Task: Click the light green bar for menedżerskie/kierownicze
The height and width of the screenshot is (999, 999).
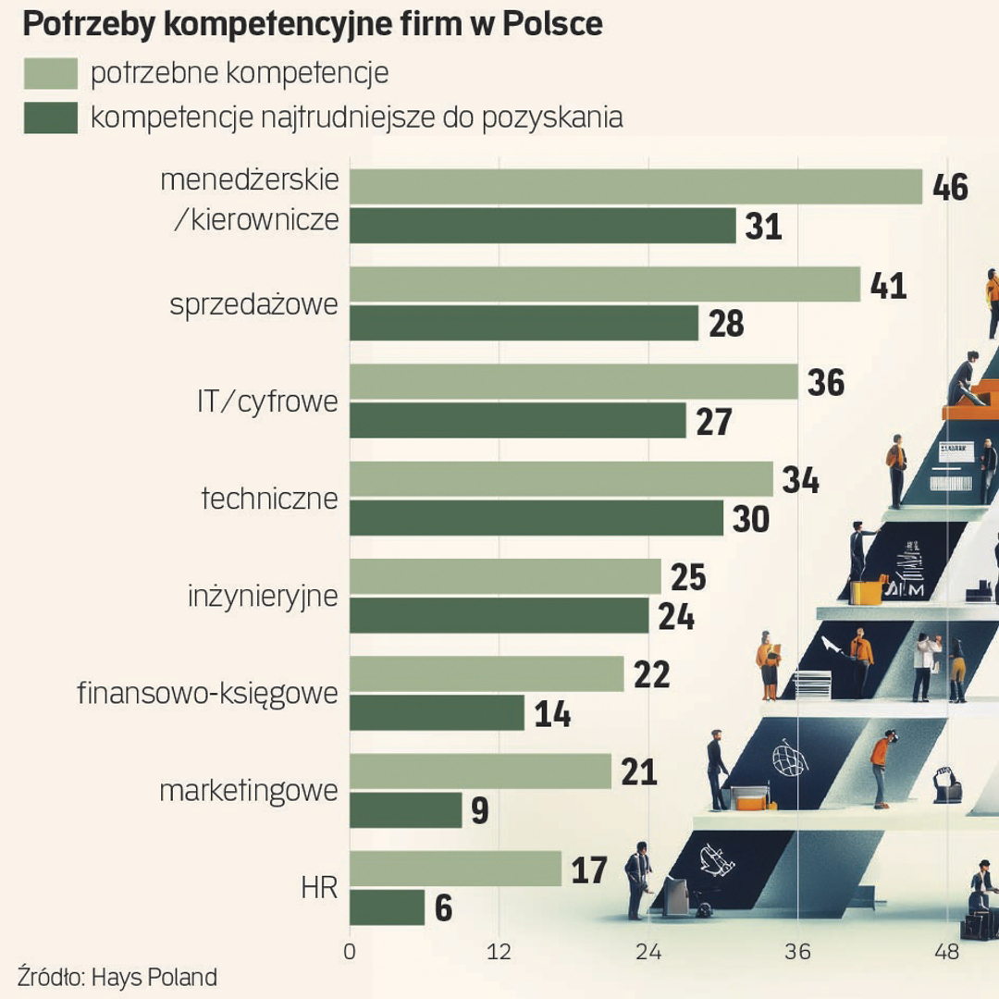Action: pyautogui.click(x=635, y=187)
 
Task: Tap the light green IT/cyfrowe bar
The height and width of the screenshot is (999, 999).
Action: pyautogui.click(x=573, y=382)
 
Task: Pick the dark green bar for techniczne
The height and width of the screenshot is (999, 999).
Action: pyautogui.click(x=536, y=518)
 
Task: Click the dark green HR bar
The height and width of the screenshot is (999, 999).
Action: pyautogui.click(x=387, y=907)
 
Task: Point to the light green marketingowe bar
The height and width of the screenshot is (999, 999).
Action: pyautogui.click(x=480, y=771)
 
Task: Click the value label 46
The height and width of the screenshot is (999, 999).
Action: pyautogui.click(x=950, y=187)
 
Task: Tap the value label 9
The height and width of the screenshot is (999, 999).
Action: pyautogui.click(x=479, y=811)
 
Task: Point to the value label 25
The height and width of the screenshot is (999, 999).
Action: pyautogui.click(x=687, y=577)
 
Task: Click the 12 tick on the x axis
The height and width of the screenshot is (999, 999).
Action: pyautogui.click(x=499, y=952)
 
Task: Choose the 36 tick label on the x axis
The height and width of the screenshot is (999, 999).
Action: pyautogui.click(x=798, y=952)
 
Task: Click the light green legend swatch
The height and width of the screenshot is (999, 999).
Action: pyautogui.click(x=50, y=73)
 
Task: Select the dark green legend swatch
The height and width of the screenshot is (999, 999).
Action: pyautogui.click(x=50, y=117)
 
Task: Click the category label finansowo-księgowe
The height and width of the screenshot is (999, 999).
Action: pyautogui.click(x=207, y=693)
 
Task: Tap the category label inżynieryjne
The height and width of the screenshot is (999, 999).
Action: pyautogui.click(x=262, y=597)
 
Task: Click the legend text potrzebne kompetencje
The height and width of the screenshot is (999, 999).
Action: pyautogui.click(x=240, y=73)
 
